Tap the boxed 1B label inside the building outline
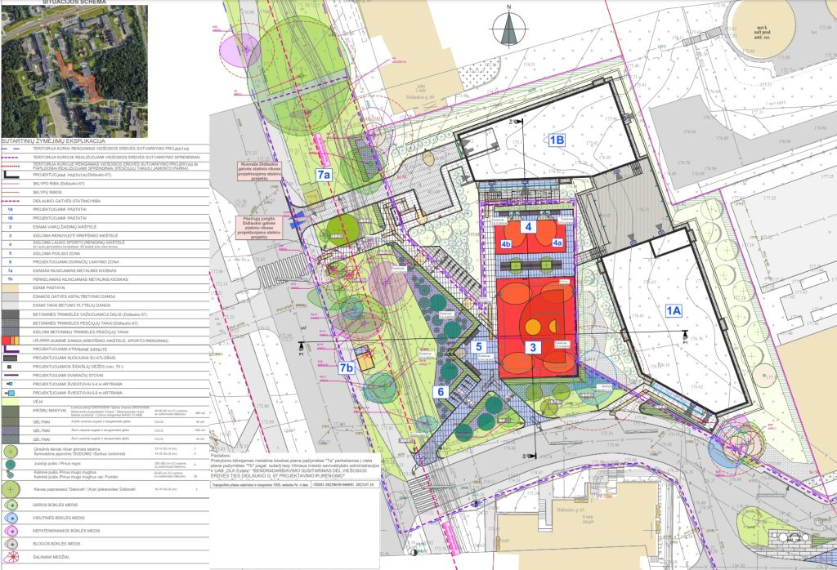coord(557,140)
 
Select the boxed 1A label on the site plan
coord(674,310)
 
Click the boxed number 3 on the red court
coord(534,347)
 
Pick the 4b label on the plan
coord(507,243)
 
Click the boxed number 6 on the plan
coord(441,392)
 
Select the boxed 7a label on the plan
coord(325,175)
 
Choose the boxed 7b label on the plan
coord(347,369)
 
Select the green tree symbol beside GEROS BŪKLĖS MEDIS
coord(10,505)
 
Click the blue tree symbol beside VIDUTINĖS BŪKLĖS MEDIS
coord(10,518)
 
